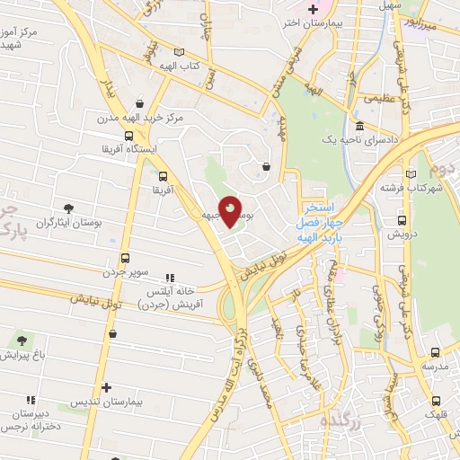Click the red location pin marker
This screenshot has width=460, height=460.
230,212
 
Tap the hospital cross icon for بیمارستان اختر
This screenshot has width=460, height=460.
312,10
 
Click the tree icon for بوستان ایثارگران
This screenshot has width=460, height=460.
69,208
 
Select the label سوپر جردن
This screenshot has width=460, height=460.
122,272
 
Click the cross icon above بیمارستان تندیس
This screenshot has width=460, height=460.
107,387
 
